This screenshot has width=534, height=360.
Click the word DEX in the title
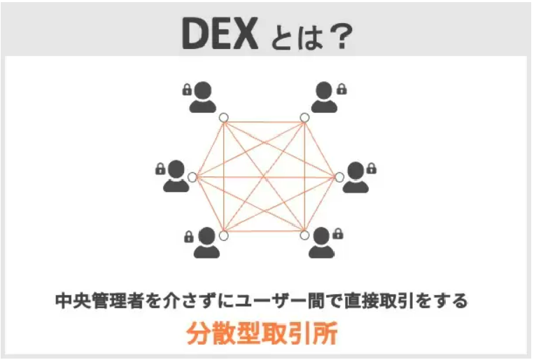point(220,34)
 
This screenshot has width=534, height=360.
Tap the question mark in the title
point(342,36)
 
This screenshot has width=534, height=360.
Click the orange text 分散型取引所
point(262,333)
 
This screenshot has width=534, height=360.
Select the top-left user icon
point(203,97)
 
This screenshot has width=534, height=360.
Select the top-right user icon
point(324,97)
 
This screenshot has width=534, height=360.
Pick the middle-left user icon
point(176,176)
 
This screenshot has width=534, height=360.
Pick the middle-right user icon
point(356,178)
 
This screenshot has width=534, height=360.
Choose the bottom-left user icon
point(206,242)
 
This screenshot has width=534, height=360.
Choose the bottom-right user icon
point(321,242)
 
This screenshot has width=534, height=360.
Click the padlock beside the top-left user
point(187,90)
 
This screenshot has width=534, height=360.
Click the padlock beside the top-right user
point(342,89)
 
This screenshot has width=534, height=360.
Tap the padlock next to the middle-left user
point(160,169)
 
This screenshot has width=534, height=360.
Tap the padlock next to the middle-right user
point(372,168)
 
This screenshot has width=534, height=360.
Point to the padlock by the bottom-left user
point(189,237)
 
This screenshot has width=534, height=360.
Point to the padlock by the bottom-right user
point(338,233)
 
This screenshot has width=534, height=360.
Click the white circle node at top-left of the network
point(223,118)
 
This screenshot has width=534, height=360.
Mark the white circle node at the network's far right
point(339,177)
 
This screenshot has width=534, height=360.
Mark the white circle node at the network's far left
point(192,177)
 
